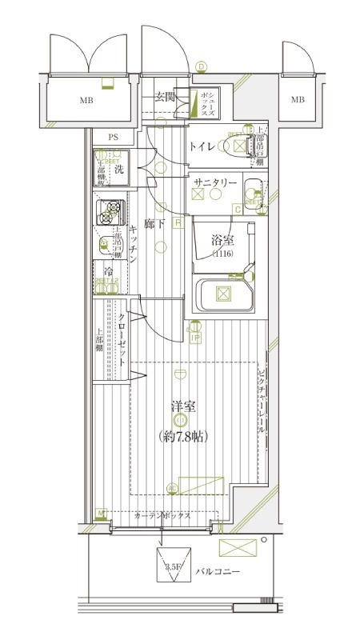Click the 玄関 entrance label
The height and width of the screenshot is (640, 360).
165,98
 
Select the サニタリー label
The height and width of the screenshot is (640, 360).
214,183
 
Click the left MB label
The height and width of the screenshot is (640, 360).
86,101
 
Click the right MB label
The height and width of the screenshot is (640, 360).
298,100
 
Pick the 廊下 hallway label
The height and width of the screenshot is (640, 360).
155,225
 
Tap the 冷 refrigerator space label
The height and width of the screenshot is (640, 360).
107,270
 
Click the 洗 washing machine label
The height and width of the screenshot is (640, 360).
118,169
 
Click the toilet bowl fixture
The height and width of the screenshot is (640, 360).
238,146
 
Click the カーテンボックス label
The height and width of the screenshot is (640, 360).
162,516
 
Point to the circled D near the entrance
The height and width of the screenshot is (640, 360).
202,66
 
